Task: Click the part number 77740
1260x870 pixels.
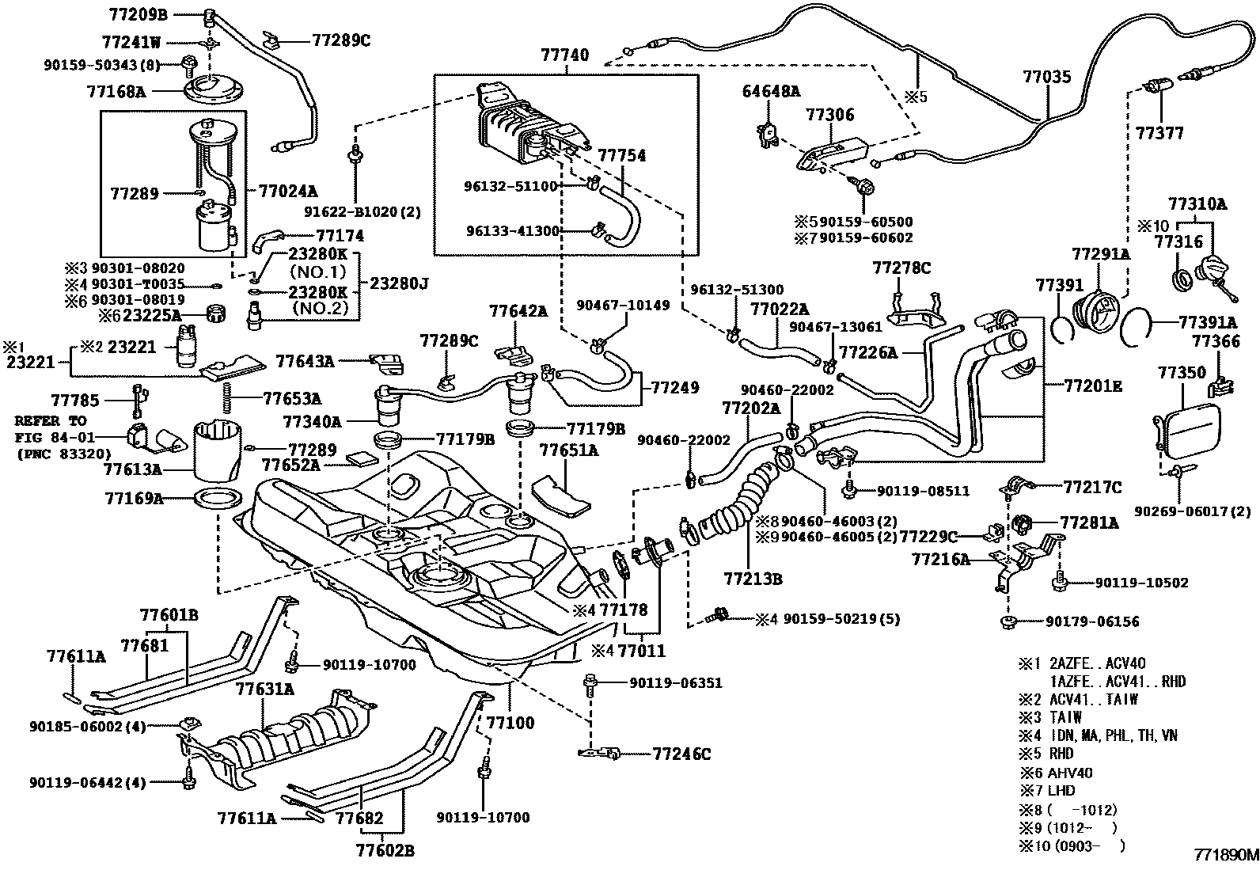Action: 565,55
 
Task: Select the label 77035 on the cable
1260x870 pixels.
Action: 1046,78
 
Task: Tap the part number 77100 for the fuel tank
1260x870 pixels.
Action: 510,724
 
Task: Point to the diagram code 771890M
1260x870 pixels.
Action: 1225,856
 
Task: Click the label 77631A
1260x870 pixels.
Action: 264,690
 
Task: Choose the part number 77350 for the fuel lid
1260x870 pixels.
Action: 1182,373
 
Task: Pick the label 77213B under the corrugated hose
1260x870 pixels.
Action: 752,579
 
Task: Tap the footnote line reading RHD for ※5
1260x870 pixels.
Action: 1061,754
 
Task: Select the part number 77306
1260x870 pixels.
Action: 830,115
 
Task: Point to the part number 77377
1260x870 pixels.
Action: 1159,133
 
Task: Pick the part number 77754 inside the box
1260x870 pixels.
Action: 621,156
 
